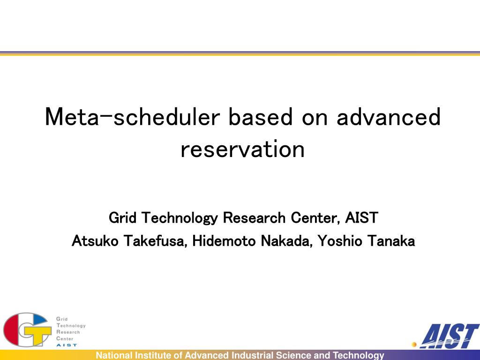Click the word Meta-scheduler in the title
[x=133, y=117]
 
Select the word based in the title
[x=261, y=117]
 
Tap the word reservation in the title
[x=242, y=149]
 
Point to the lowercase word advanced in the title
[x=389, y=117]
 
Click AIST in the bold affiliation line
[x=361, y=218]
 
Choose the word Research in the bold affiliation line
[x=254, y=218]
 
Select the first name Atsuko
[x=95, y=241]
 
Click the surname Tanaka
[x=391, y=241]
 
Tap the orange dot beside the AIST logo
[x=414, y=345]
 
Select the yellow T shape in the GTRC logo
[x=37, y=335]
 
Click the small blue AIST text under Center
[x=67, y=345]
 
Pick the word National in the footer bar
[x=114, y=355]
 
